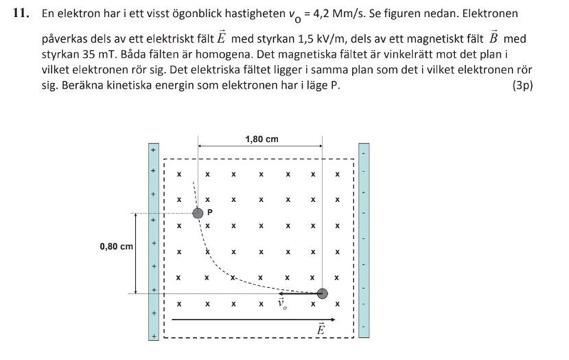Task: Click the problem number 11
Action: (20, 14)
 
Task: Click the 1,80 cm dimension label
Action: (261, 139)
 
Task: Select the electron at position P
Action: (198, 213)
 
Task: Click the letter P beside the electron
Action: (210, 212)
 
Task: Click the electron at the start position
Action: (322, 293)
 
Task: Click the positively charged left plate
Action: (152, 242)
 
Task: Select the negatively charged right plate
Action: (364, 242)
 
